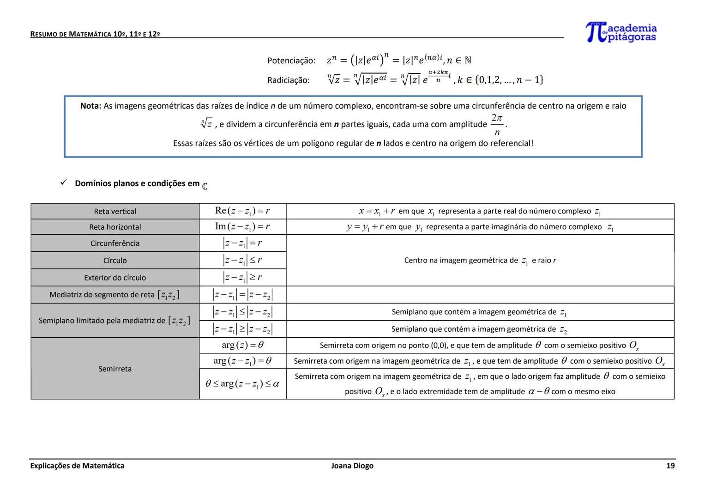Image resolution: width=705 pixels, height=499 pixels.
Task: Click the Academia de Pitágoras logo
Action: pyautogui.click(x=621, y=32)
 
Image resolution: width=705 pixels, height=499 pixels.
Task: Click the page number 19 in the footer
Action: pyautogui.click(x=670, y=466)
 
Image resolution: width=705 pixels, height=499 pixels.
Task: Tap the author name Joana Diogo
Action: pyautogui.click(x=352, y=466)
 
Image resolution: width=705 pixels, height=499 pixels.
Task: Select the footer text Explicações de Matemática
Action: pyautogui.click(x=77, y=466)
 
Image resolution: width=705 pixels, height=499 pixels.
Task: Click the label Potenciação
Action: pyautogui.click(x=291, y=61)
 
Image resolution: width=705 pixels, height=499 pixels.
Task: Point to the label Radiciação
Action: pyautogui.click(x=289, y=80)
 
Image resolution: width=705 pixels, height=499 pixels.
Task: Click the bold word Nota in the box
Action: pyautogui.click(x=90, y=106)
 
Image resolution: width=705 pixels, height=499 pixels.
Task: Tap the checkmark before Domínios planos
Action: pyautogui.click(x=64, y=183)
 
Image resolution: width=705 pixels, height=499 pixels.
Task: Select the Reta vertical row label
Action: pyautogui.click(x=115, y=212)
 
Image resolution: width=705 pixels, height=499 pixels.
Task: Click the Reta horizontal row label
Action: pyautogui.click(x=115, y=227)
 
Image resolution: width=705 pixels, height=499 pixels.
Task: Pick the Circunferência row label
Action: pyautogui.click(x=115, y=243)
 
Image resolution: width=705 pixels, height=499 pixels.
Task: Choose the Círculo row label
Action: pyautogui.click(x=115, y=261)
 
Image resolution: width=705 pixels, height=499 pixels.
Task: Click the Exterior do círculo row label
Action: pyautogui.click(x=115, y=278)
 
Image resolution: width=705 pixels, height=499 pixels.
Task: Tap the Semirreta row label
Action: pyautogui.click(x=115, y=369)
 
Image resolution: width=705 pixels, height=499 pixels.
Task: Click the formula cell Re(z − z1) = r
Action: pyautogui.click(x=242, y=211)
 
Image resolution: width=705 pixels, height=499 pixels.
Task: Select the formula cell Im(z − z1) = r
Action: pyautogui.click(x=242, y=226)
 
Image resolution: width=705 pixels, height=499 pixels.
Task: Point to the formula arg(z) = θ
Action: pyautogui.click(x=242, y=345)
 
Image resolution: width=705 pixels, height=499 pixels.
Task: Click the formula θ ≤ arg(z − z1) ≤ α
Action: pyautogui.click(x=242, y=383)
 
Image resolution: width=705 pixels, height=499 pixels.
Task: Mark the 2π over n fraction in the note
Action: pyautogui.click(x=497, y=125)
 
